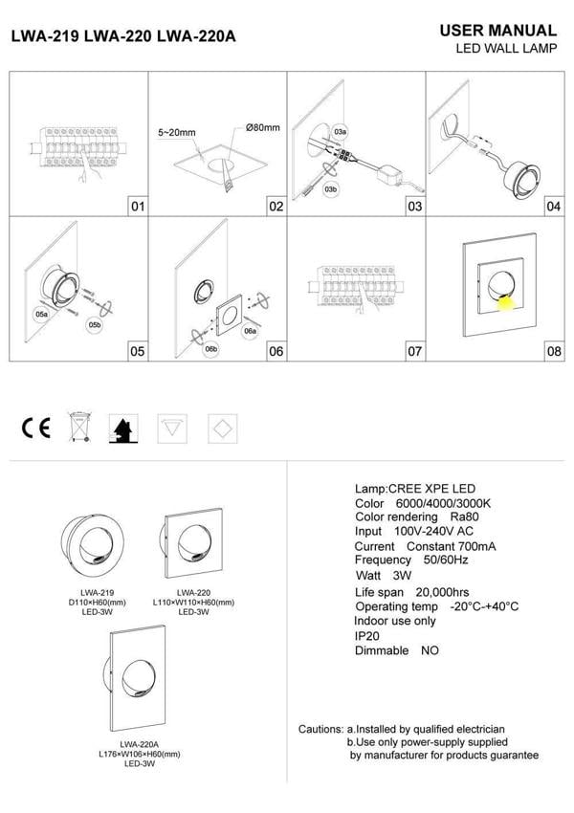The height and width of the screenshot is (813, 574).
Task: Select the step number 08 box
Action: [553, 351]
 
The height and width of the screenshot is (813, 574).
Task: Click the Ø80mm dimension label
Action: [262, 128]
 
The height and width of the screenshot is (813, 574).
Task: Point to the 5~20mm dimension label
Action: [177, 134]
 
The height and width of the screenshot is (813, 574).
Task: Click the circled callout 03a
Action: [340, 129]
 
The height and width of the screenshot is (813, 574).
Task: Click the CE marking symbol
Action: [36, 428]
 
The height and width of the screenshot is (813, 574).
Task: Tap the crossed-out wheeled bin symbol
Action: [78, 428]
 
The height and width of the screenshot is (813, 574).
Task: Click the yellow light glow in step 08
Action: [505, 303]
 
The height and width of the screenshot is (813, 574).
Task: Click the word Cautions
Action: [320, 729]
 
